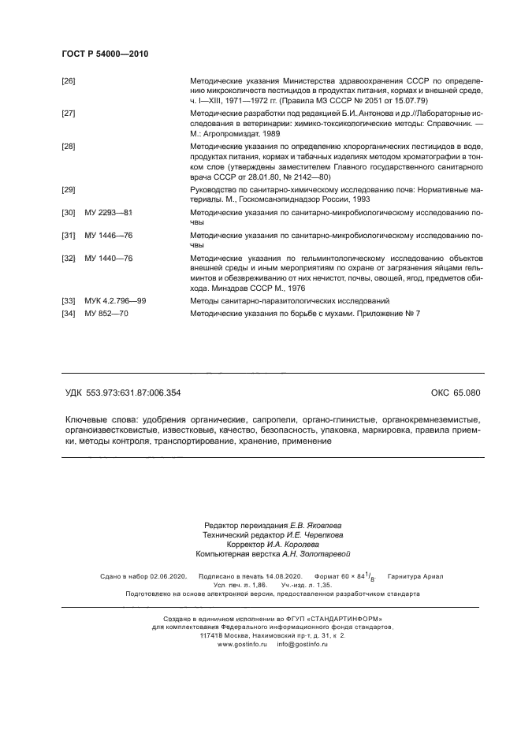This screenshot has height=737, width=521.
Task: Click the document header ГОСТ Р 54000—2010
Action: tap(105, 54)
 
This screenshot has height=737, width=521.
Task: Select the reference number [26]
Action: tap(69, 81)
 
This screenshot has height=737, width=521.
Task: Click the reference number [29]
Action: tap(69, 191)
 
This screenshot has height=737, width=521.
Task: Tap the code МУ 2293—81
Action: tap(108, 214)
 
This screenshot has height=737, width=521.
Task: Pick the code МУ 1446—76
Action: tap(108, 236)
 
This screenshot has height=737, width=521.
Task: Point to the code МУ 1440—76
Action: tap(108, 259)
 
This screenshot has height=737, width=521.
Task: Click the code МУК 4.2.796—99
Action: tap(115, 302)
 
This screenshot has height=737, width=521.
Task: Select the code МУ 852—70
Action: tap(107, 314)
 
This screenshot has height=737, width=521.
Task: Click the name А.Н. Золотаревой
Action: tap(314, 554)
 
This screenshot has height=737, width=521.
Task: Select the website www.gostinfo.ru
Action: tap(241, 645)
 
